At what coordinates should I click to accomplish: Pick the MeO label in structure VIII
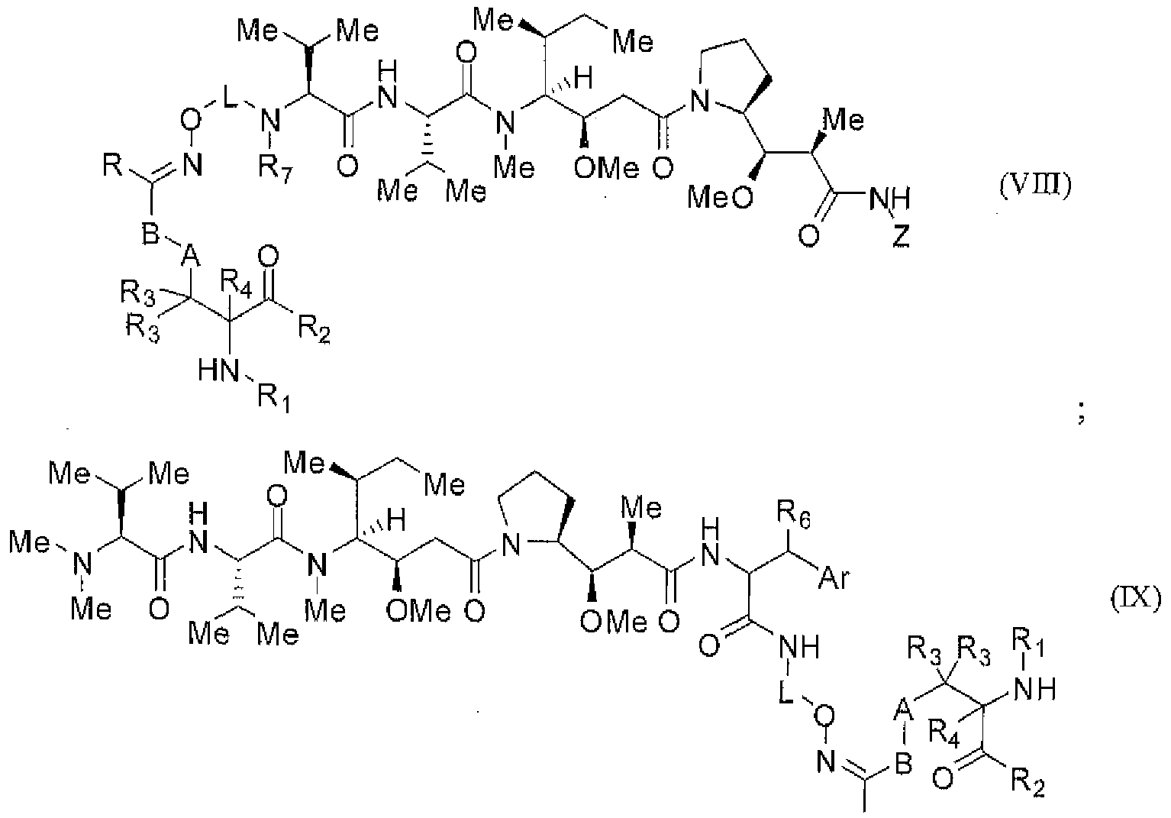715,199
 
